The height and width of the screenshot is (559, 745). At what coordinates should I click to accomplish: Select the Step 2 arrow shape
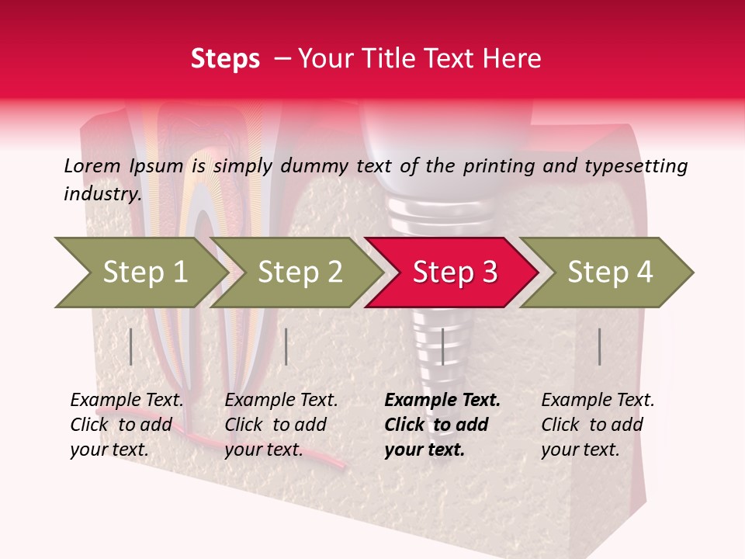pyautogui.click(x=295, y=273)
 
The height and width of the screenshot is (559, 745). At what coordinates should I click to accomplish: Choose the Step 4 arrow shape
pyautogui.click(x=607, y=273)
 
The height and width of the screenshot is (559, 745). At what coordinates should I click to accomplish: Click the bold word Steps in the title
pyautogui.click(x=225, y=59)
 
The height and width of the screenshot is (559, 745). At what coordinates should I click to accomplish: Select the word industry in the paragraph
pyautogui.click(x=102, y=194)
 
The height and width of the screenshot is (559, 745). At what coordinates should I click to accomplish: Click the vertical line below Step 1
pyautogui.click(x=131, y=346)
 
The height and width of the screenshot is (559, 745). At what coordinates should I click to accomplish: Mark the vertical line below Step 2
pyautogui.click(x=286, y=346)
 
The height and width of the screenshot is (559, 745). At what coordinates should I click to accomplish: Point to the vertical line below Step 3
pyautogui.click(x=442, y=346)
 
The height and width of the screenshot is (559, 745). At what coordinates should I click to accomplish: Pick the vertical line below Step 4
pyautogui.click(x=600, y=346)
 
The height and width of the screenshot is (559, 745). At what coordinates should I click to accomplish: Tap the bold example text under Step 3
pyautogui.click(x=442, y=425)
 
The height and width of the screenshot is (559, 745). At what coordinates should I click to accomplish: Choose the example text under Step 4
pyautogui.click(x=597, y=425)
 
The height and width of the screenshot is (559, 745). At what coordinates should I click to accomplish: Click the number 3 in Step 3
pyautogui.click(x=488, y=273)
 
